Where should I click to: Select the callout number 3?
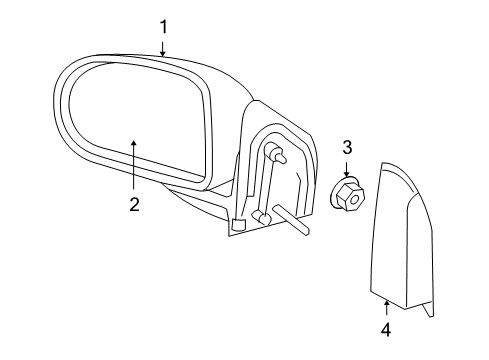[x=347, y=147]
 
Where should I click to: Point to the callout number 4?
[x=386, y=327]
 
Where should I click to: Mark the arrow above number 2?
[x=133, y=160]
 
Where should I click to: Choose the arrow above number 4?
[x=386, y=302]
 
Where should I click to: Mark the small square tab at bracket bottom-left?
[x=237, y=225]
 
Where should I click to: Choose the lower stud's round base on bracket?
[x=260, y=215]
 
